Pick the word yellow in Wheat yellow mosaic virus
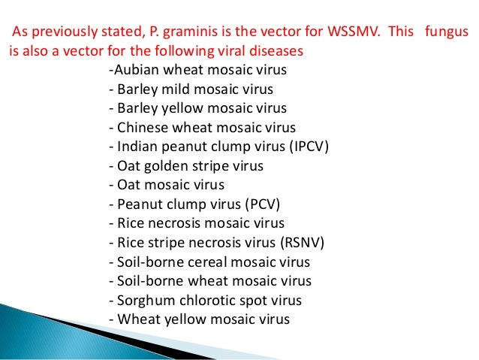coord(176,319)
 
